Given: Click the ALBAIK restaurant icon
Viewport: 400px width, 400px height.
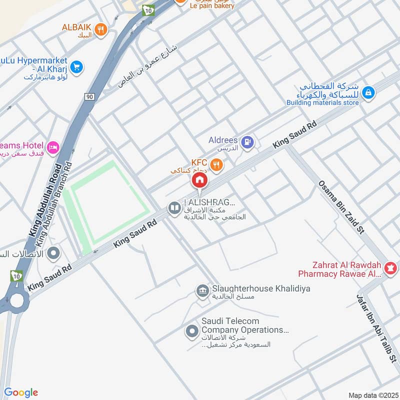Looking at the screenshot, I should (x=101, y=30).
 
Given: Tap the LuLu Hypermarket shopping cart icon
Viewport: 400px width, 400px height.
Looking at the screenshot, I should (x=76, y=66).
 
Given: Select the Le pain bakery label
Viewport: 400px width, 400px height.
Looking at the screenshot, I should (x=212, y=5).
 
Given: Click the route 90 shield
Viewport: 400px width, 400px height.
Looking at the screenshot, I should (x=89, y=96).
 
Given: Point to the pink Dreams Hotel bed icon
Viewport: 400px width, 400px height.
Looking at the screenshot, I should (x=52, y=147).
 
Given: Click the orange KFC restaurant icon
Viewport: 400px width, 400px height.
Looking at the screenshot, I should (x=216, y=164).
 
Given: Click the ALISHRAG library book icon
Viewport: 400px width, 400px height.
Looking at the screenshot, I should (x=174, y=207).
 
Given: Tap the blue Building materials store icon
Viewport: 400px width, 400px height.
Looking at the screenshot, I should (x=368, y=92).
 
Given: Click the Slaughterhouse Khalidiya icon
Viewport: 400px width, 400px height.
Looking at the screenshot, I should (x=202, y=290).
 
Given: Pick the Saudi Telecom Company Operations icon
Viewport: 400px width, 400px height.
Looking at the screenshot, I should (x=191, y=330).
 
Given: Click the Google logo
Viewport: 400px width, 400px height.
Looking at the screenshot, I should (x=21, y=392).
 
